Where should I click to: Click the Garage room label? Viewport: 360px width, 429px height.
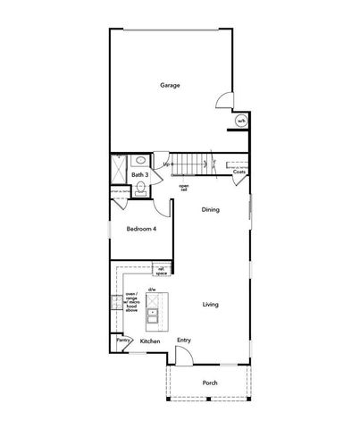coord(170,86)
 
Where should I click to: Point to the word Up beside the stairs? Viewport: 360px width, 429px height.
coord(166,164)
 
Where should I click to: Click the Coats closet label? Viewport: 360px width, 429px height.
coord(239,172)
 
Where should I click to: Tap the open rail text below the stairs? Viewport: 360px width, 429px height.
coord(183,187)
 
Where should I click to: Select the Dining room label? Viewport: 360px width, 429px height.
coord(210,209)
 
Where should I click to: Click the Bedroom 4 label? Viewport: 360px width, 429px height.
coord(141,230)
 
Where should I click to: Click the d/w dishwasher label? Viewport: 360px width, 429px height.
coord(152,290)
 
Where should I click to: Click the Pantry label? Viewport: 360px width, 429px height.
coord(122,340)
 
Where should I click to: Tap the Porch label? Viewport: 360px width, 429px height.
coord(210,383)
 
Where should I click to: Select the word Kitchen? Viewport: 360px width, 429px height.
coord(150,341)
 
